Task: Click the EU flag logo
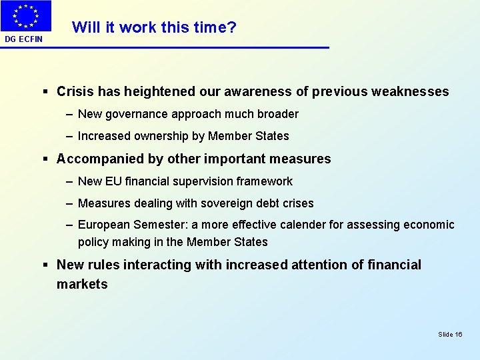(25, 17)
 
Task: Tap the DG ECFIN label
(23, 39)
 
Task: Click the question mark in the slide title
(232, 27)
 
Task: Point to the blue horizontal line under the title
(200, 47)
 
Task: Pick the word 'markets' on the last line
(82, 284)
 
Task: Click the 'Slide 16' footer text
(450, 334)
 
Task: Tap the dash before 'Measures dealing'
(70, 203)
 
